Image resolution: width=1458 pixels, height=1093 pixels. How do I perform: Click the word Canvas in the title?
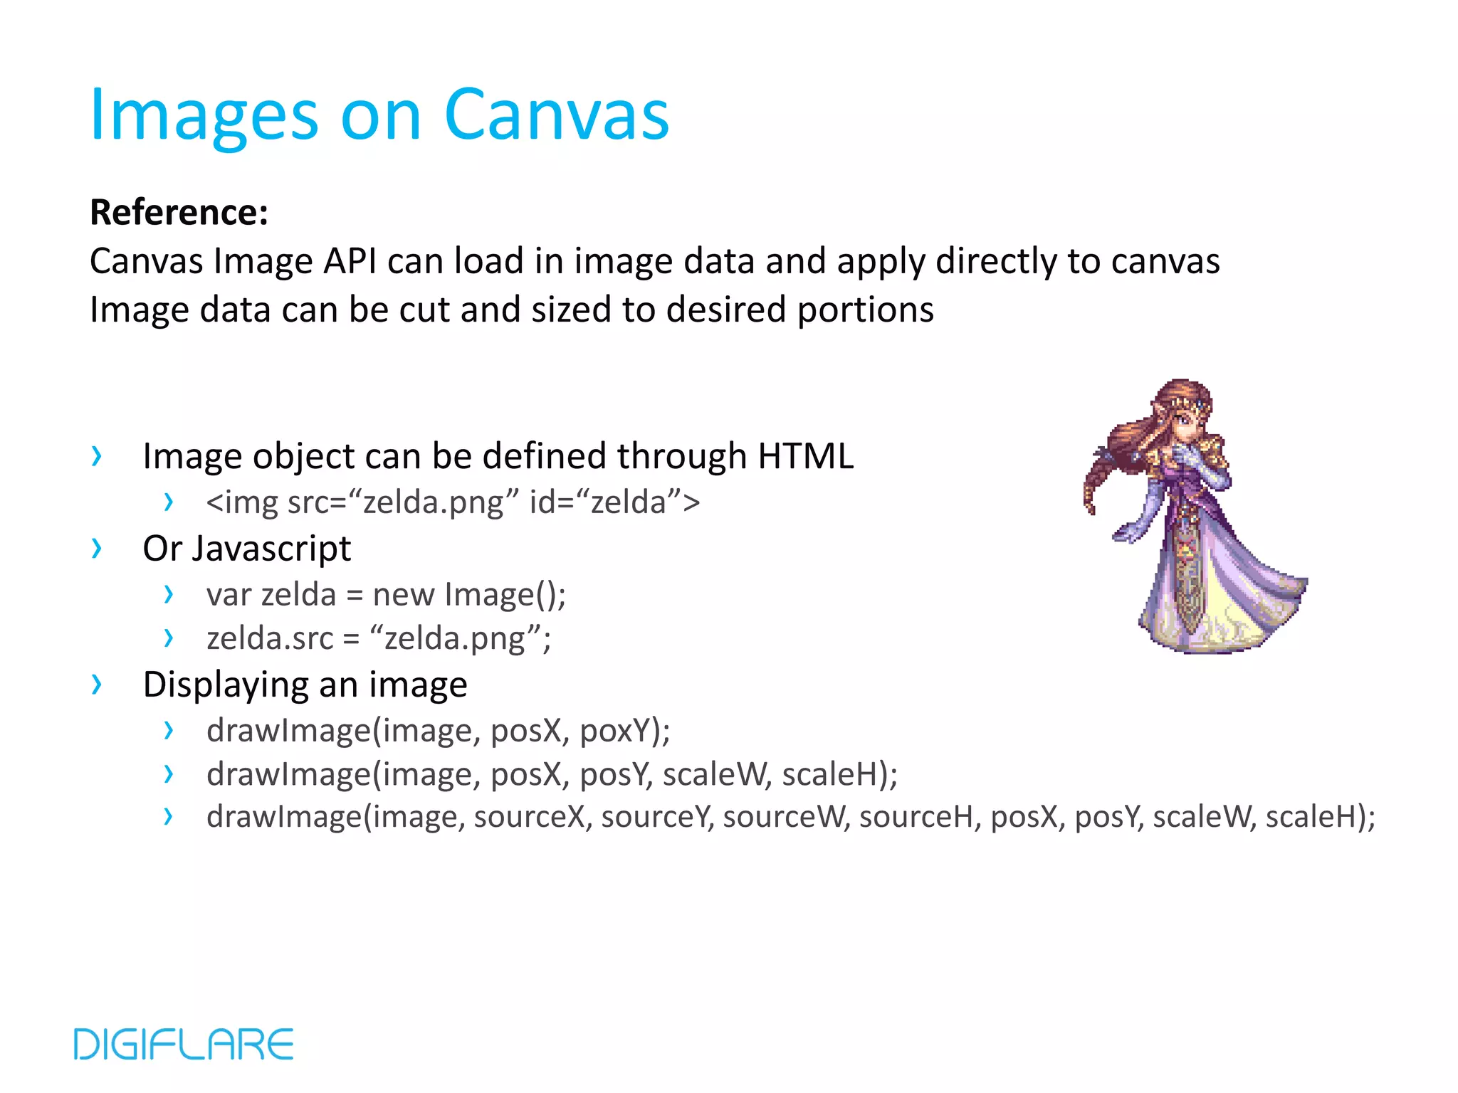click(556, 115)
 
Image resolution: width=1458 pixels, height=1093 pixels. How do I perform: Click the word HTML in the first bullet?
click(805, 455)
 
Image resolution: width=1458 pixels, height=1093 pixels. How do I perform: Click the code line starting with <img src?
click(453, 502)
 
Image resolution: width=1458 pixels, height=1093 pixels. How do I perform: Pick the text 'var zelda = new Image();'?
click(386, 594)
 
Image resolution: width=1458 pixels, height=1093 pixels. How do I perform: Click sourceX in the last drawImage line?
click(529, 817)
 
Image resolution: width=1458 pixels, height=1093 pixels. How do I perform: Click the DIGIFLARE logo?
click(184, 1044)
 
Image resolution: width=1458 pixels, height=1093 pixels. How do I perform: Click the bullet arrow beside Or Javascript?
click(97, 548)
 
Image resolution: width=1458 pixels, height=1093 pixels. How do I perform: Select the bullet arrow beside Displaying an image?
click(97, 684)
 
